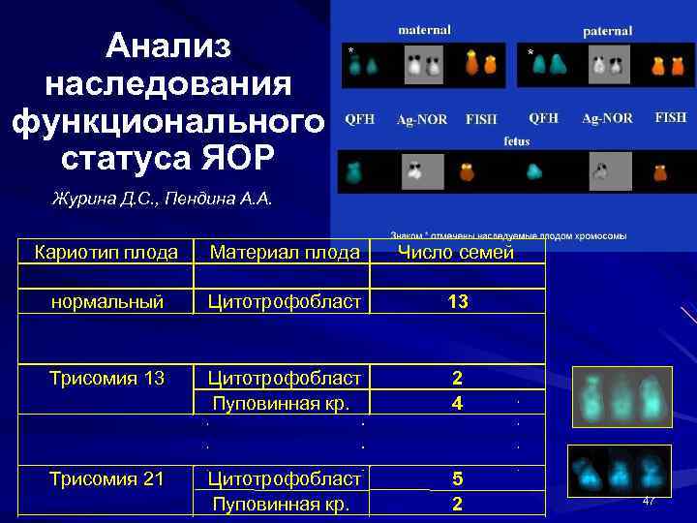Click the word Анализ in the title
click(x=168, y=46)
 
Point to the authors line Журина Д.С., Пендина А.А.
click(x=163, y=200)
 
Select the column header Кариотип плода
click(x=106, y=253)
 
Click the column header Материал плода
click(x=286, y=253)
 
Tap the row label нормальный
click(x=106, y=302)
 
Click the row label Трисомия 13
click(x=106, y=377)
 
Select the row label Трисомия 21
click(x=106, y=477)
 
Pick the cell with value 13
click(x=458, y=302)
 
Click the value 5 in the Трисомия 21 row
click(x=458, y=477)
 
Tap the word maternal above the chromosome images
click(x=424, y=31)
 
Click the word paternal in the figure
click(x=607, y=31)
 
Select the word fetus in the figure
click(x=516, y=140)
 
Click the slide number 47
click(x=649, y=500)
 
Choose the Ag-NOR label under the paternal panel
click(x=607, y=118)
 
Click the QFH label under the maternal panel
click(x=360, y=119)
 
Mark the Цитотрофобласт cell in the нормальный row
click(x=286, y=302)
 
